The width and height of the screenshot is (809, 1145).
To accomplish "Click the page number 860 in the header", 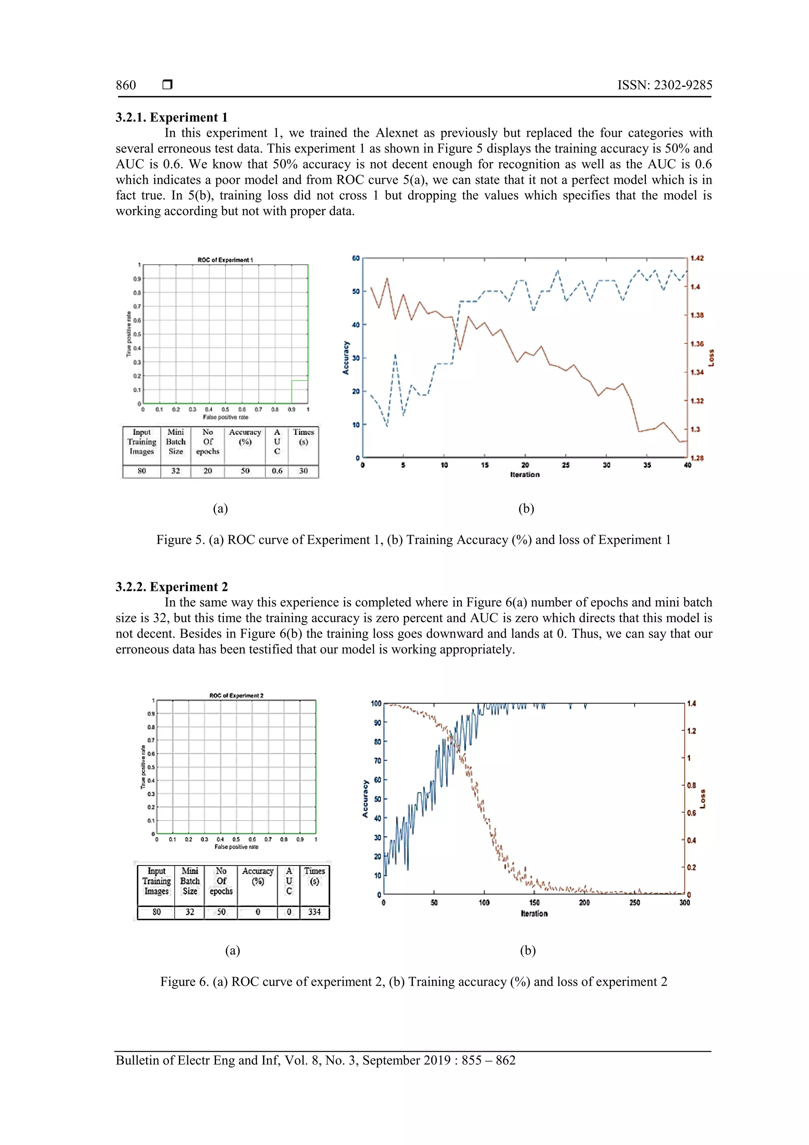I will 126,85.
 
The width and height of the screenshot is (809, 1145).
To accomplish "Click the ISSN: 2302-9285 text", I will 664,85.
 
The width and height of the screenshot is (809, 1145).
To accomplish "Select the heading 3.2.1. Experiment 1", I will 171,117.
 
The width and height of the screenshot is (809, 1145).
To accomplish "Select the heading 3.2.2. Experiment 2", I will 171,587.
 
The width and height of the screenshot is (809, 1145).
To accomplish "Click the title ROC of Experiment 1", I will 225,260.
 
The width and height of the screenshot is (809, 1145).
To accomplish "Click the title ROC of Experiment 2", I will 236,695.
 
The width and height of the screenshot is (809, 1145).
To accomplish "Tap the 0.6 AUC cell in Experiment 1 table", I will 277,471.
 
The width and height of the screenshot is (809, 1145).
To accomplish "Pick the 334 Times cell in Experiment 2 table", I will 314,912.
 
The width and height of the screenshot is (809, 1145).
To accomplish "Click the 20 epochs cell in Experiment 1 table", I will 207,471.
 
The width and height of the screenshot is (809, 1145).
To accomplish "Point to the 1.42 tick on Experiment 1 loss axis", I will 697,258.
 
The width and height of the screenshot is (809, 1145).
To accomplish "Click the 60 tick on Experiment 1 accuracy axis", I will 356,258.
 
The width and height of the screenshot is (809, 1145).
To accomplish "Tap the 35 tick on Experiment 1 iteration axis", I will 647,465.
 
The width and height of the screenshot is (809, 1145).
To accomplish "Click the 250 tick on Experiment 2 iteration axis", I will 634,903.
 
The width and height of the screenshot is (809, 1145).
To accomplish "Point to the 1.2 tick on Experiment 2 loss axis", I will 691,731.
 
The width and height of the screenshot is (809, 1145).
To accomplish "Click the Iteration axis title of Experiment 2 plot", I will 534,914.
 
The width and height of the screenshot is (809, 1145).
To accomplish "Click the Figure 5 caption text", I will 413,540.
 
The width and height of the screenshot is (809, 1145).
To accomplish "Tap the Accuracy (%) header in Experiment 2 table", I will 258,876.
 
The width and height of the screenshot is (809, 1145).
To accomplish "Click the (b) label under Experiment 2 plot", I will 527,951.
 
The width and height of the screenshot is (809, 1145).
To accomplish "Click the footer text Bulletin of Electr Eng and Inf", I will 315,1060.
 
